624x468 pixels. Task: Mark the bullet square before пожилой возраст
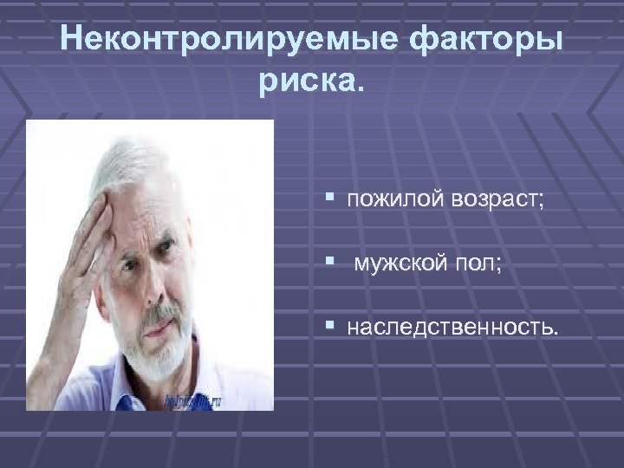[x=332, y=199]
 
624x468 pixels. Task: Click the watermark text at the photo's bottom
[x=192, y=400]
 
